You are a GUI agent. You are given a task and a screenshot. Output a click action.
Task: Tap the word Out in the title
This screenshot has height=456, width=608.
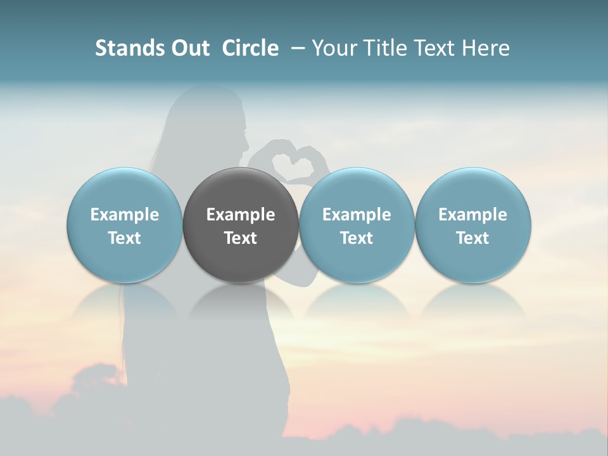pos(188,48)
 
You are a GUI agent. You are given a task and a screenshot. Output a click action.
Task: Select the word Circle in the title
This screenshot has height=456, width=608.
pos(250,48)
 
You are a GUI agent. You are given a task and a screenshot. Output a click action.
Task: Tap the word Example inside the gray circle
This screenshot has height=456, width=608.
pos(241,215)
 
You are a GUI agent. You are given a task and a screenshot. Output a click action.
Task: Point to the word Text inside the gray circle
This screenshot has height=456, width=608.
pos(241,238)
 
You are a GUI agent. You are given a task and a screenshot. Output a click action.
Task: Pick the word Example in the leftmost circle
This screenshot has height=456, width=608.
pos(124,215)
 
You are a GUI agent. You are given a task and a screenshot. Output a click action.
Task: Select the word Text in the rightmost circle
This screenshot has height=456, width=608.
pos(472,238)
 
